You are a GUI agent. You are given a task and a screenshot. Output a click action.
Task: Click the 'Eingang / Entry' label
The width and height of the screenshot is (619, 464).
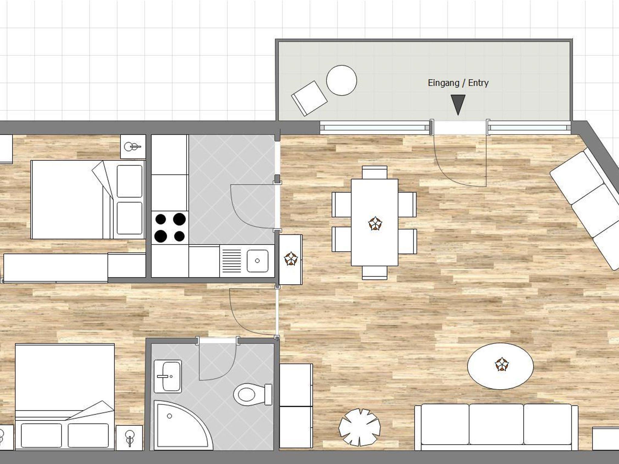coord(458,83)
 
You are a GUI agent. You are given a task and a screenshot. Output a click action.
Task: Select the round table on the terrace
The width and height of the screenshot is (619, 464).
coord(342,80)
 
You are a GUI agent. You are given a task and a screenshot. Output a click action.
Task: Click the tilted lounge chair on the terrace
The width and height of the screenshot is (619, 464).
coord(309,98)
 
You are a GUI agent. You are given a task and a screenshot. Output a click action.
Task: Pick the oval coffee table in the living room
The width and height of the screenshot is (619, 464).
coord(500,366)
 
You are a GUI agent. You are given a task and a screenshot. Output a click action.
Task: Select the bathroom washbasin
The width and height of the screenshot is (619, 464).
coord(168,376)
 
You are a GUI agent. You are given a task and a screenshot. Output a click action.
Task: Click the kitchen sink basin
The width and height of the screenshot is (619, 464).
coord(257,261)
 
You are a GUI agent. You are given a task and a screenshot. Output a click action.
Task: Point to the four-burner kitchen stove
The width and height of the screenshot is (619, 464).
coord(170,228)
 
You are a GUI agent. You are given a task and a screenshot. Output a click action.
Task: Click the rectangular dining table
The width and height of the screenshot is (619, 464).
coord(374,223)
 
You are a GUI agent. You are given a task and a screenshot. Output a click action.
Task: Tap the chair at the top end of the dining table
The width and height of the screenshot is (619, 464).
coord(374,172)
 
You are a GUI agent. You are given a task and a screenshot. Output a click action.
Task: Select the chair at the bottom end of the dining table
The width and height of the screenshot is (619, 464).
coord(374,273)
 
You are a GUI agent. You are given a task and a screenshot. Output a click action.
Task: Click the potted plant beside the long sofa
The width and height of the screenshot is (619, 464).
coord(359,427)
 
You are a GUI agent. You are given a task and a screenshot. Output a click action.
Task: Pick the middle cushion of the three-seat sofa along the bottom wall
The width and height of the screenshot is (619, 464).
coord(496,424)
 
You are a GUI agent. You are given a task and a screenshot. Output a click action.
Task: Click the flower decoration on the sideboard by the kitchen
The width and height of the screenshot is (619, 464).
coord(291,259)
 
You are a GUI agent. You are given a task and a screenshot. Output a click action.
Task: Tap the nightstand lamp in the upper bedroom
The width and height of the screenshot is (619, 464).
coord(132,147)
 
